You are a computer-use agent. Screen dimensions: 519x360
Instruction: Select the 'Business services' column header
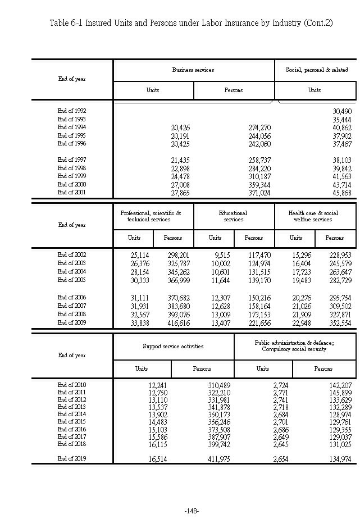(193, 70)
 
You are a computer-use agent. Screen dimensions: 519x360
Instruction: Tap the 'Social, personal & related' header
(316, 70)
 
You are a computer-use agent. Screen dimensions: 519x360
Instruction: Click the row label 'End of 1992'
(72, 111)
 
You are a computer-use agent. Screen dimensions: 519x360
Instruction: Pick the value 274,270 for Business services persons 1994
(259, 128)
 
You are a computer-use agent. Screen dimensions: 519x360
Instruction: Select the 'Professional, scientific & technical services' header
(151, 216)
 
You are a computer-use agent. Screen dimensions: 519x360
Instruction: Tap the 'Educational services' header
(233, 216)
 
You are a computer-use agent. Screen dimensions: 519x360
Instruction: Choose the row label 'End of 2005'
(72, 279)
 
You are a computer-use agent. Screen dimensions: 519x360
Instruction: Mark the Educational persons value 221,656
(259, 323)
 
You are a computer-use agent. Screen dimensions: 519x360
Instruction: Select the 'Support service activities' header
(173, 347)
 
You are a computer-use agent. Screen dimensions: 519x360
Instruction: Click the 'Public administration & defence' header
(294, 346)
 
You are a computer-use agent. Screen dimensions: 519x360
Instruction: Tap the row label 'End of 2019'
(72, 458)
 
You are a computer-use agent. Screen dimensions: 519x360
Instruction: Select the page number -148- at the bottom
(192, 511)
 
